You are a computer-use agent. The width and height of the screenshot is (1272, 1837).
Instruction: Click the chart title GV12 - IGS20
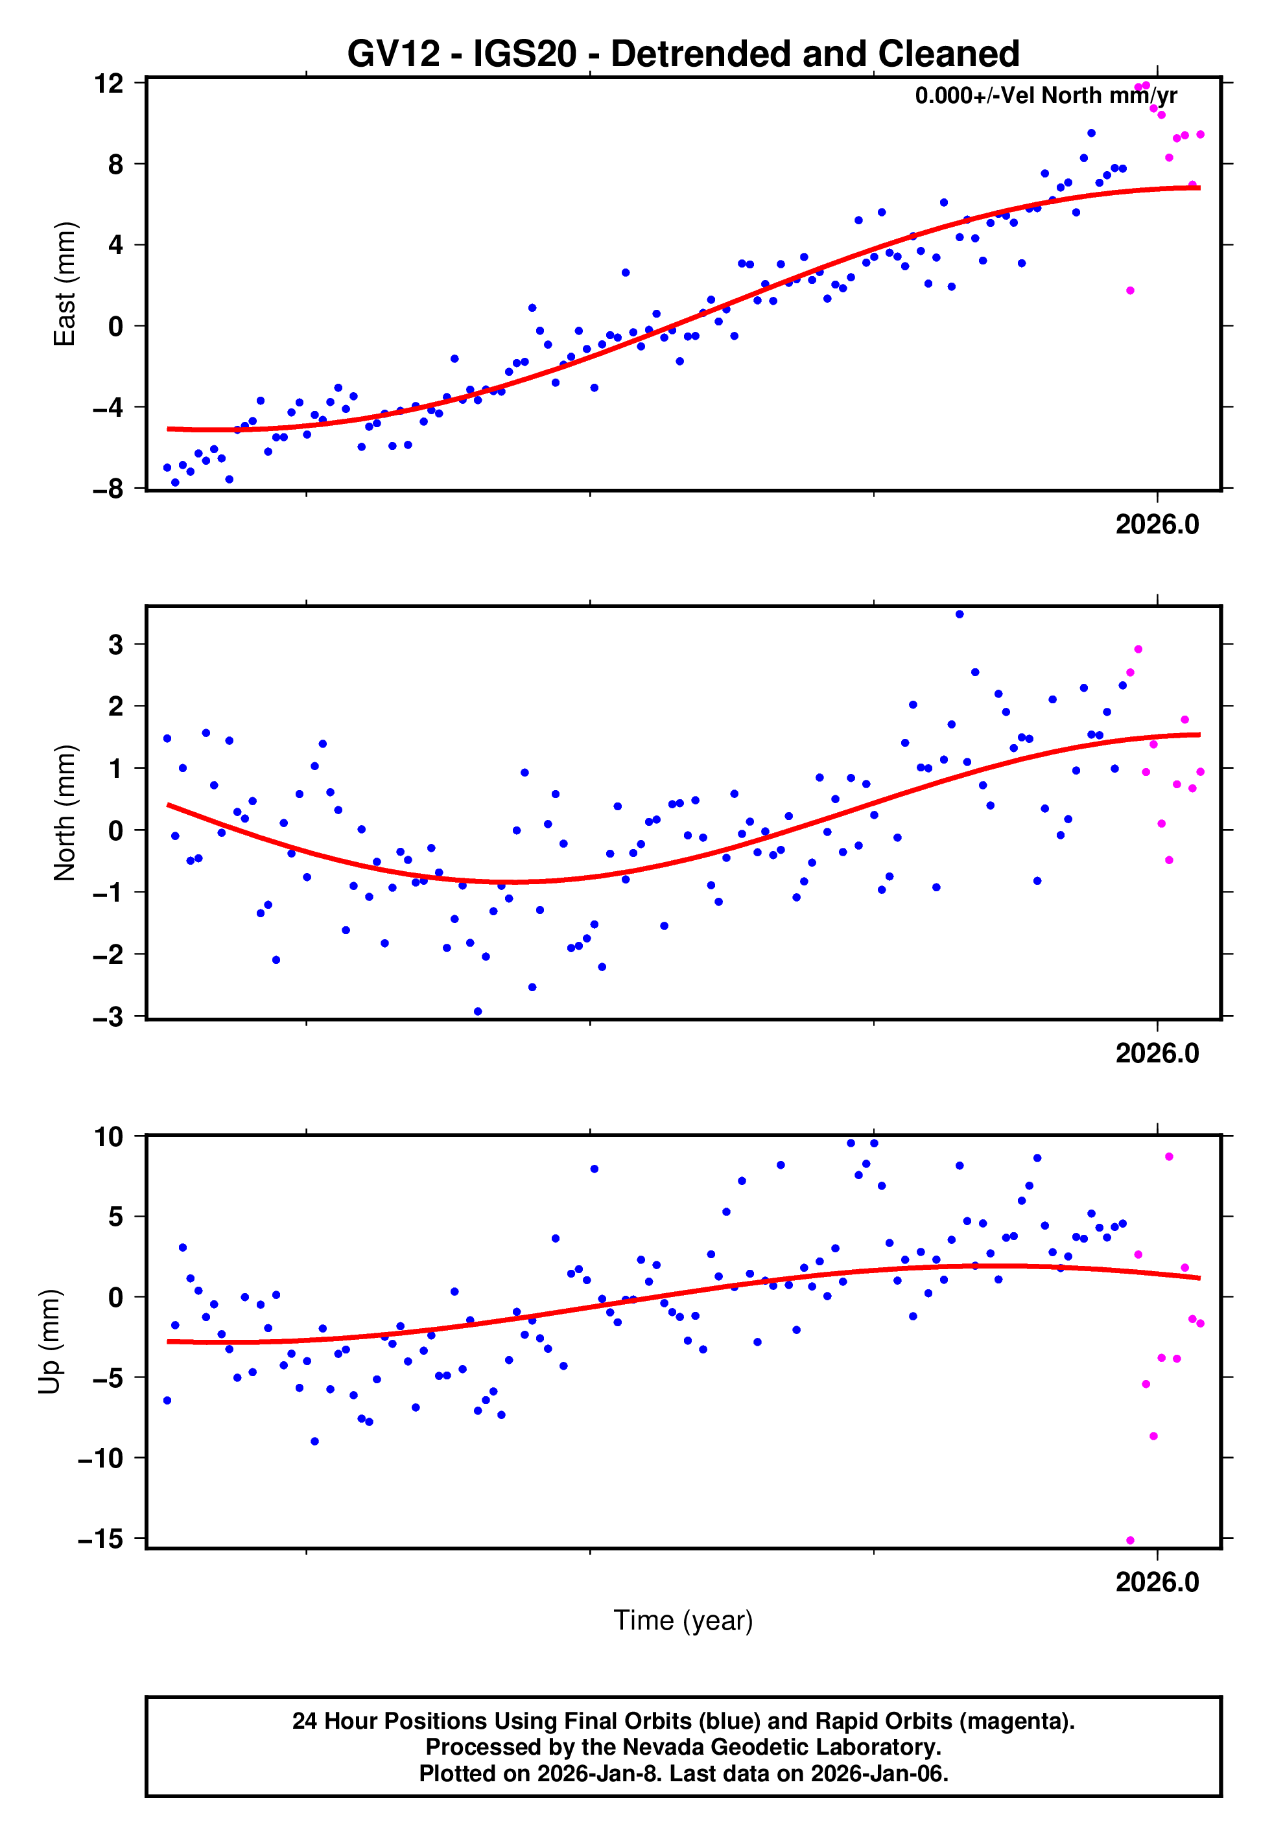point(683,54)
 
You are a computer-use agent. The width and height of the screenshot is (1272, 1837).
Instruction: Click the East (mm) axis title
point(64,285)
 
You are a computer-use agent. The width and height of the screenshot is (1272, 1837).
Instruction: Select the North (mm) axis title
point(64,813)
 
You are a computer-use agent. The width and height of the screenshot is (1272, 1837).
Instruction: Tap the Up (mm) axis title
point(49,1342)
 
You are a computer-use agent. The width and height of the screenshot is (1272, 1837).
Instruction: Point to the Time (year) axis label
point(683,1621)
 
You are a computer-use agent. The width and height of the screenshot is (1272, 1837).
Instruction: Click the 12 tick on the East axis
point(108,83)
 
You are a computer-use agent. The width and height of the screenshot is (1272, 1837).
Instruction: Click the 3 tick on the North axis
point(116,644)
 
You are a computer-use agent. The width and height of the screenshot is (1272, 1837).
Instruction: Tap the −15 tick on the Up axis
point(100,1539)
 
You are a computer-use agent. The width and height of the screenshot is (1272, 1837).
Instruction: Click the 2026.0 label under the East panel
point(1157,525)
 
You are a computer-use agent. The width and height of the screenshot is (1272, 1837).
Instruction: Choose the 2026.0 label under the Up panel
point(1157,1582)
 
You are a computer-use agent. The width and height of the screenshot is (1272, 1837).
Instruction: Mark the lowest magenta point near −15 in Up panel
point(1130,1541)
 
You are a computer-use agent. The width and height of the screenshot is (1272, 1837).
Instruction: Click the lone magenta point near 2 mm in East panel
point(1130,291)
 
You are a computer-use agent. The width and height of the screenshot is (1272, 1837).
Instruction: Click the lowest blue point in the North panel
point(477,1012)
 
